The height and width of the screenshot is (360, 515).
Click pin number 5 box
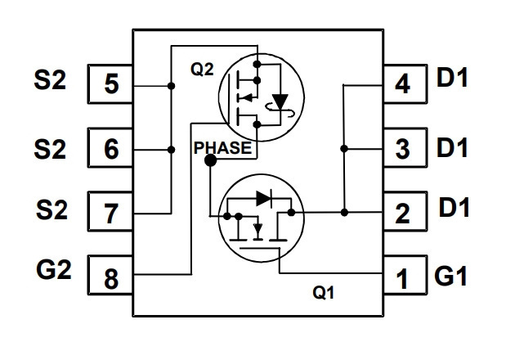click(x=110, y=83)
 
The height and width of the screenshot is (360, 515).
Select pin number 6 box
click(x=110, y=147)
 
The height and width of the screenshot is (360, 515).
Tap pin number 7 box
click(x=110, y=211)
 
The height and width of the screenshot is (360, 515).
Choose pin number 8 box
click(x=110, y=275)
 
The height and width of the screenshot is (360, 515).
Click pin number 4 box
click(x=405, y=83)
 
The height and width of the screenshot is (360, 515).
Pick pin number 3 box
click(x=405, y=147)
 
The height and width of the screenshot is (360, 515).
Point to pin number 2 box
click(x=405, y=211)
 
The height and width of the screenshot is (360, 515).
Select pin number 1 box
click(x=405, y=275)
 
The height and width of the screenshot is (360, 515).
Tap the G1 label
click(x=450, y=276)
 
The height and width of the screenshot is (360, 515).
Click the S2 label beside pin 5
click(x=50, y=80)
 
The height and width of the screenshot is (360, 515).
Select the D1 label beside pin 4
click(x=452, y=77)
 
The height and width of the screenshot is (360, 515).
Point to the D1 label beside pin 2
click(x=454, y=207)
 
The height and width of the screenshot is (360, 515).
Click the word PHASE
click(x=222, y=147)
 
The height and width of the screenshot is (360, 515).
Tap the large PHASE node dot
click(x=211, y=160)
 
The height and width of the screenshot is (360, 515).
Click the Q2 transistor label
click(x=202, y=69)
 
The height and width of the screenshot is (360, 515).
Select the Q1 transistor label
click(x=324, y=292)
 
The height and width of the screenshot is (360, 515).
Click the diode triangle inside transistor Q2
click(x=280, y=101)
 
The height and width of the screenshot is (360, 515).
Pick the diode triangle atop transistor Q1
click(x=263, y=198)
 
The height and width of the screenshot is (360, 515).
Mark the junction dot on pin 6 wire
click(x=171, y=150)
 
